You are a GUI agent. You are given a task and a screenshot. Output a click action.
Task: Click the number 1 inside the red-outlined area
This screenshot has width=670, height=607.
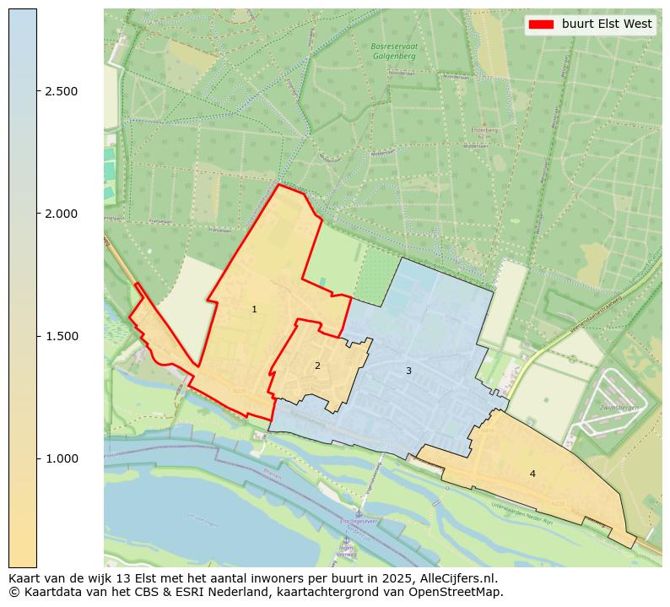point(254,310)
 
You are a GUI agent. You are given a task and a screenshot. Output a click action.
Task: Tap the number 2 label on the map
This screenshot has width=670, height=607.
point(317,366)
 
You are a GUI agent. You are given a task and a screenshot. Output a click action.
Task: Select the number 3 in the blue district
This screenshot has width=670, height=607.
point(408,371)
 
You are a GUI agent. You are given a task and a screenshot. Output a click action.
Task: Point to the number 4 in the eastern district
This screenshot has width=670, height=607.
point(532,474)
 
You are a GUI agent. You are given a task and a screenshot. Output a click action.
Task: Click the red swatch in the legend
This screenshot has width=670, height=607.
point(541,24)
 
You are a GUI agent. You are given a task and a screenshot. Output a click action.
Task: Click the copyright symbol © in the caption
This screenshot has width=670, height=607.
point(14,592)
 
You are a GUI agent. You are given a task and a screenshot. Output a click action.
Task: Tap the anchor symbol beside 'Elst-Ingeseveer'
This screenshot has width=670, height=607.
point(357,514)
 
